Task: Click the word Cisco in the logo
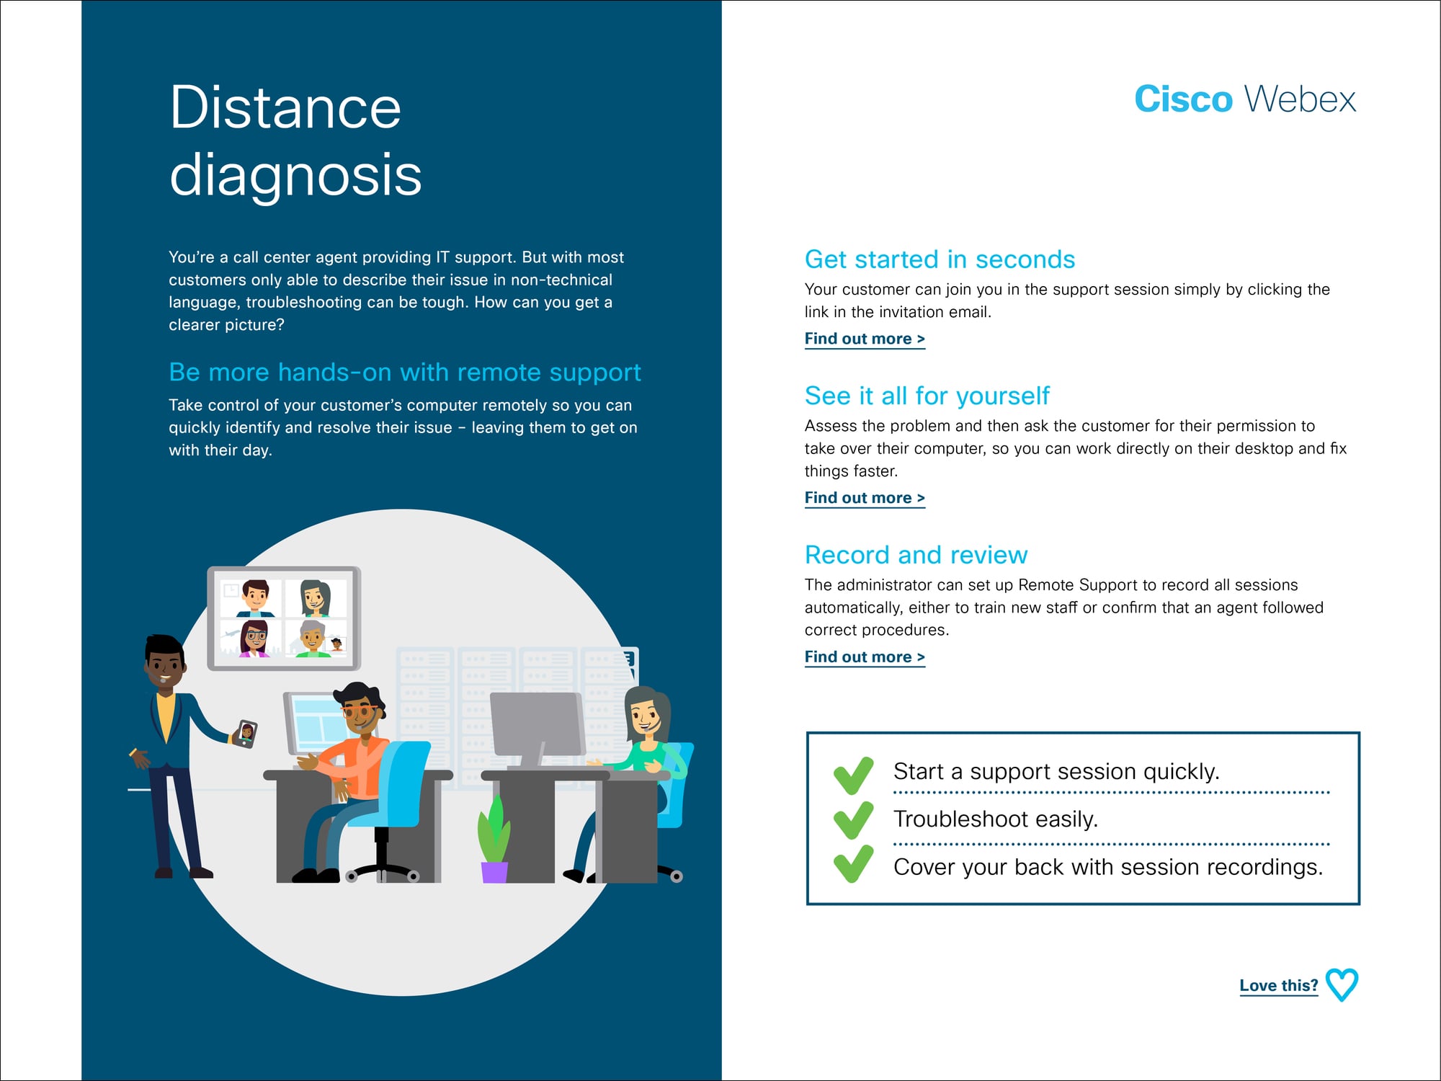pos(1183,99)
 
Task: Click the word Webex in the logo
pos(1301,99)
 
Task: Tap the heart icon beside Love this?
pos(1342,985)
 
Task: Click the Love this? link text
pos(1279,986)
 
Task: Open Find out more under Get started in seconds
pos(865,339)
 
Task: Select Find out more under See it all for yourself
pos(865,498)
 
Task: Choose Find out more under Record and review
pos(865,657)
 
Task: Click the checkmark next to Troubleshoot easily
pos(853,820)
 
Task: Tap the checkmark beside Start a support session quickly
pos(853,775)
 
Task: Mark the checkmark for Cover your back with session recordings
pos(853,864)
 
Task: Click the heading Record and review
pos(916,555)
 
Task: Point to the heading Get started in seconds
pos(940,259)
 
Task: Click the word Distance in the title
pos(285,107)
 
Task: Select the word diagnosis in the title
pos(295,176)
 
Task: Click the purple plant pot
pos(494,872)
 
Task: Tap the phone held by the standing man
pos(246,734)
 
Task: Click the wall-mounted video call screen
pos(284,618)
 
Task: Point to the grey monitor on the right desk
pos(537,728)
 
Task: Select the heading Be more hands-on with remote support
pos(404,373)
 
